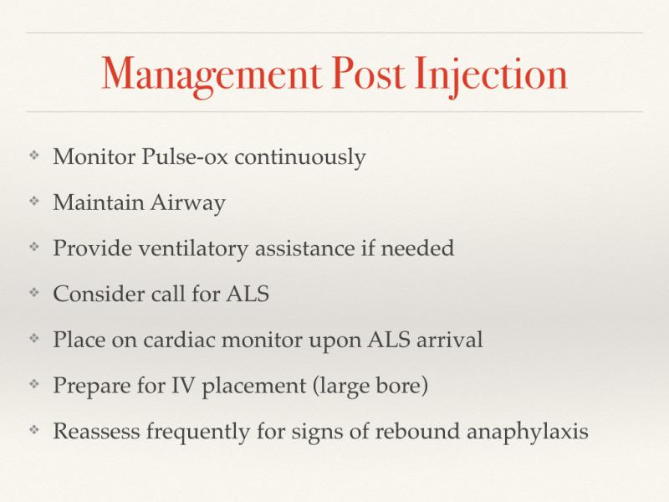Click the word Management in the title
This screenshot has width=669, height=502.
pos(212,75)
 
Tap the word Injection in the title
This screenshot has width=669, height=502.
pos(491,75)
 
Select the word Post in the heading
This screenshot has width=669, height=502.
pos(368,74)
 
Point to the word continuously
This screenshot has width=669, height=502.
pos(300,157)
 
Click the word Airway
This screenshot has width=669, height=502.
pos(187,202)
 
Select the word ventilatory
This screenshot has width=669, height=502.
pos(193,248)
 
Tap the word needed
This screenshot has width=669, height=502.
pos(417,248)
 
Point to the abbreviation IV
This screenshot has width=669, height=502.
pos(183,385)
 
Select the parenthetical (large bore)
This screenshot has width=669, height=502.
pos(370,387)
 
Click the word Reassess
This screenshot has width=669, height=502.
pos(96,431)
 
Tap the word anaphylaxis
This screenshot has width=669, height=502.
pos(528,432)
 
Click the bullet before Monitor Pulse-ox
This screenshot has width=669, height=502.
pos(34,155)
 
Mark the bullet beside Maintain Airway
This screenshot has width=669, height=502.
pos(34,201)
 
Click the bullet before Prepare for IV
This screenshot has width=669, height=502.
pos(34,384)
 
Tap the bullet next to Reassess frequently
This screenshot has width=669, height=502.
pos(34,430)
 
